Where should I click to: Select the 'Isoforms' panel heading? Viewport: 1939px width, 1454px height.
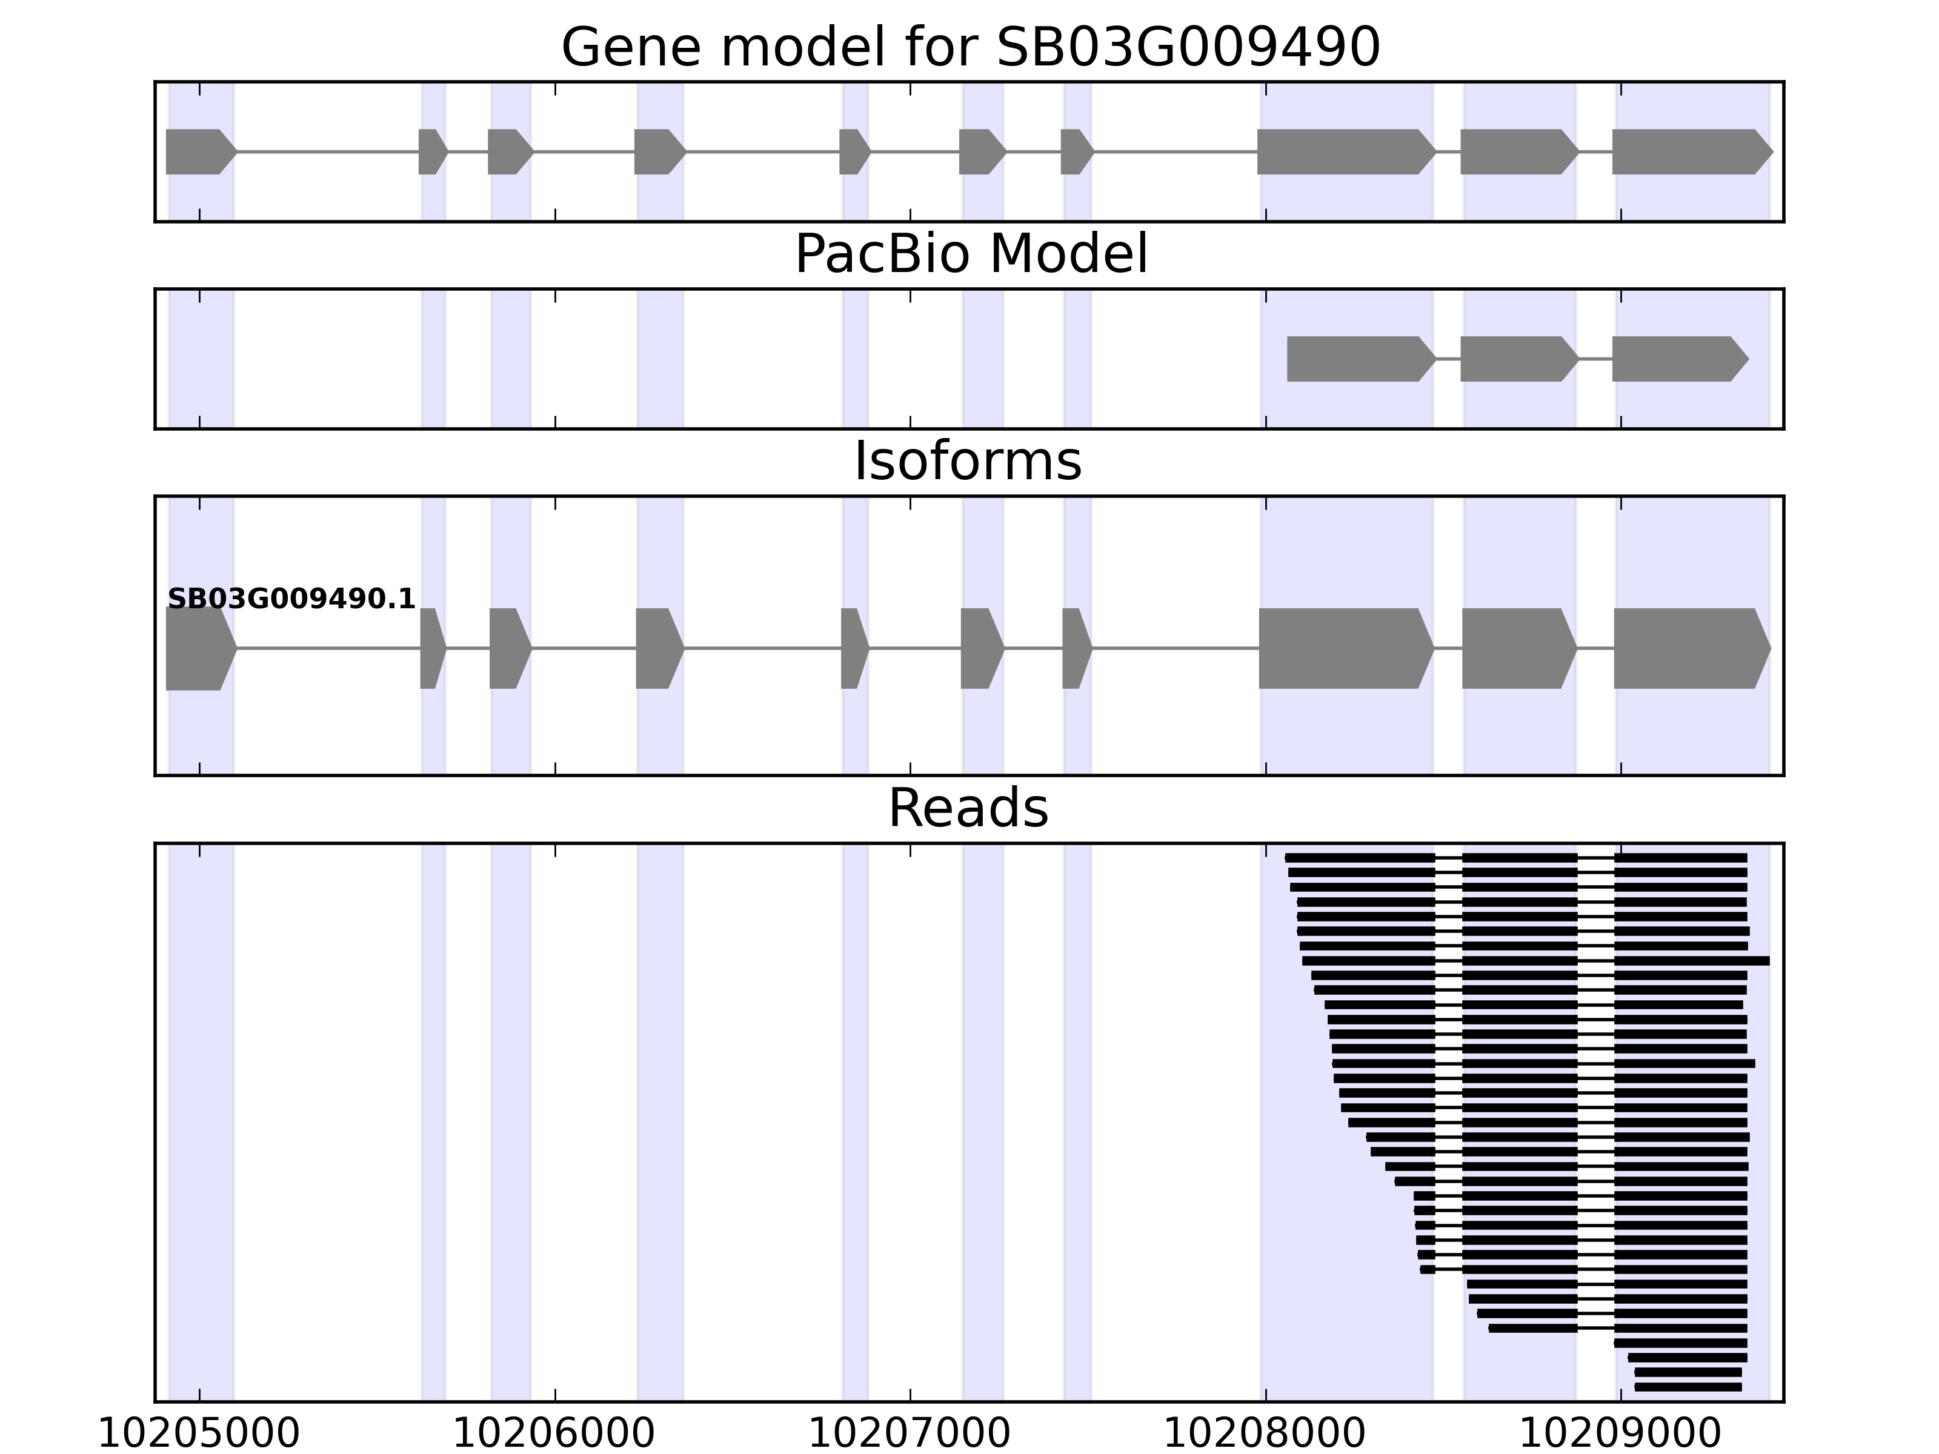pyautogui.click(x=968, y=461)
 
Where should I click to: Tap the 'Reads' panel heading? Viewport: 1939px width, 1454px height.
pyautogui.click(x=968, y=808)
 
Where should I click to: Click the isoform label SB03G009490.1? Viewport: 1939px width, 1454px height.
pyautogui.click(x=291, y=599)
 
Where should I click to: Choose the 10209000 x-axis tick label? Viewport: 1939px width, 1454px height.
pyautogui.click(x=1619, y=1434)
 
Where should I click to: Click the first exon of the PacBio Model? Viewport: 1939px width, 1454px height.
pyautogui.click(x=1359, y=359)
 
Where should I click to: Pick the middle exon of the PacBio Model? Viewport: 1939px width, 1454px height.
pyautogui.click(x=1517, y=359)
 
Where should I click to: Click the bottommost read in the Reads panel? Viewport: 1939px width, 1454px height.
pyautogui.click(x=1688, y=1387)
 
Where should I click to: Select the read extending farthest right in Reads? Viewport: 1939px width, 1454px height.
pyautogui.click(x=1692, y=961)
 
